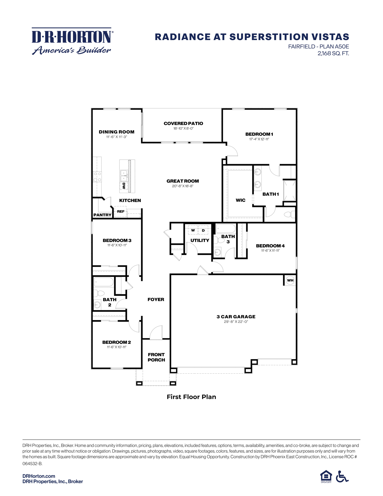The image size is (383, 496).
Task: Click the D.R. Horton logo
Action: point(72,41)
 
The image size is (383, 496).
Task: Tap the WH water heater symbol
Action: point(290,280)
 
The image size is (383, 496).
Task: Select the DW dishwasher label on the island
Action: point(123,185)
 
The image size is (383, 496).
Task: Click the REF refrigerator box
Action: point(120,212)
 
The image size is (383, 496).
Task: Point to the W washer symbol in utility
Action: point(193,230)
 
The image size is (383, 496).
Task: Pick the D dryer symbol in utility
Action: point(203,230)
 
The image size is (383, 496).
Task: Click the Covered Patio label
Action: point(183,123)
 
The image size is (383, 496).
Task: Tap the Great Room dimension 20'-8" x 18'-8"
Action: point(183,186)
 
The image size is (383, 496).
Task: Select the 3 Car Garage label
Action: point(236,317)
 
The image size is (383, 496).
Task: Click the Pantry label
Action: point(102,215)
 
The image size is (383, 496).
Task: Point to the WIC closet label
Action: point(240,200)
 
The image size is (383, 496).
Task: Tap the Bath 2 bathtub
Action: point(104,282)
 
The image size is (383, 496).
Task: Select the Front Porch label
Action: point(156,357)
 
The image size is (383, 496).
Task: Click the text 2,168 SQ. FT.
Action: point(333,54)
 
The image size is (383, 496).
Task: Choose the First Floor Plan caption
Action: point(191,397)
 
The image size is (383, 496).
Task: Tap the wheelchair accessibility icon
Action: point(342,476)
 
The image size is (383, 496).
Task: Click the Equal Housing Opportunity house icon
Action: point(326,476)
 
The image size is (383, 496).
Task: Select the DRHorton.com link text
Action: point(39,476)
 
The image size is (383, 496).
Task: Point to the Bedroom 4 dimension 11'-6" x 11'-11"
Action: point(270,250)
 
